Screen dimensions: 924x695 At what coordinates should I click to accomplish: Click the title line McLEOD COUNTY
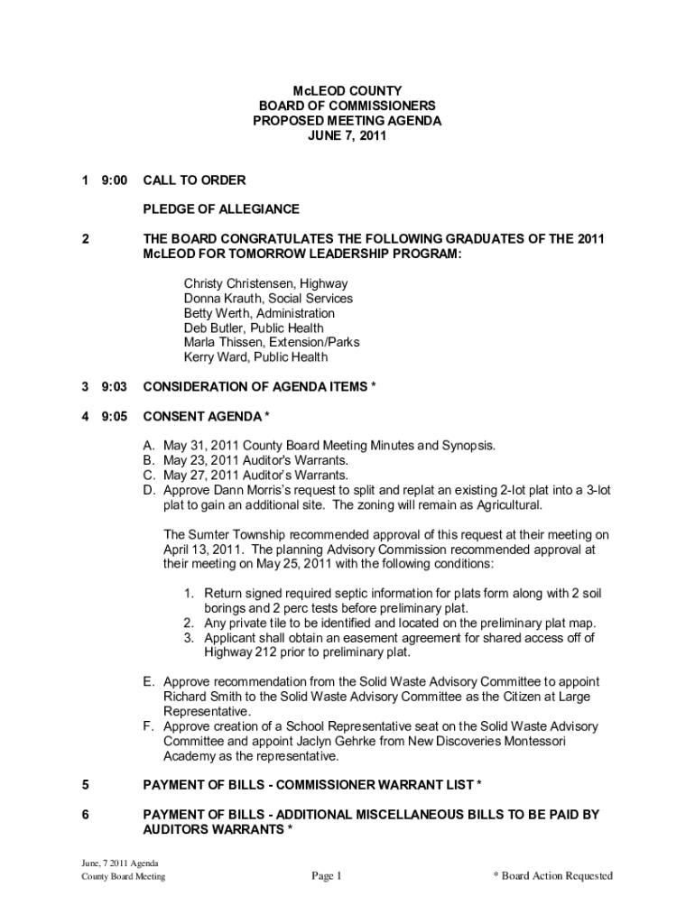coord(347,91)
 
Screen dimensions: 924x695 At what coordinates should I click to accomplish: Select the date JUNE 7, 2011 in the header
coord(347,137)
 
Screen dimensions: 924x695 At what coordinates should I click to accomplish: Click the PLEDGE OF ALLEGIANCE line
coord(221,209)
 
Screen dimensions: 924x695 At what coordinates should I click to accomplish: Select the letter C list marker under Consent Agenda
coord(148,475)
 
